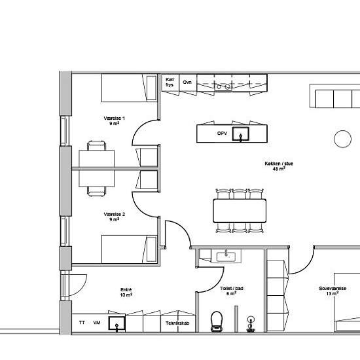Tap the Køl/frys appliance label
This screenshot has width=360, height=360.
tap(170, 82)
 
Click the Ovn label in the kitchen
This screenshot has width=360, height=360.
tap(187, 82)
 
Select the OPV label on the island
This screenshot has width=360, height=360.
tap(222, 133)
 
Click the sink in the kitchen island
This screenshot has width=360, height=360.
tap(241, 134)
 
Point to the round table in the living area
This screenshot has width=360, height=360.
tap(342, 139)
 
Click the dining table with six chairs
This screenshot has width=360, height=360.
tap(240, 211)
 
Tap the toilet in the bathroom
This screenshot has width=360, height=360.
tap(217, 321)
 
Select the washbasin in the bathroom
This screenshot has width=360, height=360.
tap(226, 257)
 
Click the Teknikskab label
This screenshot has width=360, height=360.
tap(177, 323)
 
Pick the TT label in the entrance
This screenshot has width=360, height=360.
tap(82, 323)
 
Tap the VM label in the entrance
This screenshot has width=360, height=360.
tap(97, 323)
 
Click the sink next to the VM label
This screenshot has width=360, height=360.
tap(117, 324)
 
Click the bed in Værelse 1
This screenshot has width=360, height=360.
tap(129, 88)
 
